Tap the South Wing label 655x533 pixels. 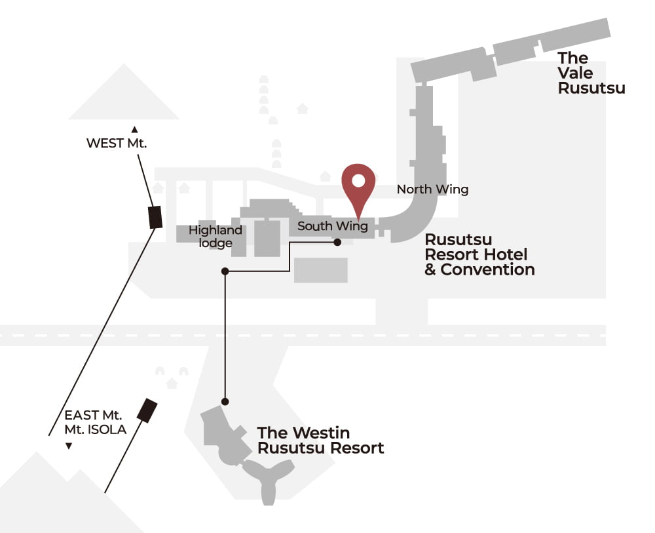tap(333, 226)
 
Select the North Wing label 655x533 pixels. tap(432, 189)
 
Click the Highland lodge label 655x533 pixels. tap(215, 236)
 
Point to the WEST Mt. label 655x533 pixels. tap(117, 143)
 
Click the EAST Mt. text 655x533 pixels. tap(93, 415)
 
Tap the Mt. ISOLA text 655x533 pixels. tap(95, 429)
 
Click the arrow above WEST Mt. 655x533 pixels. tap(134, 130)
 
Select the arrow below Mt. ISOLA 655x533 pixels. tap(69, 446)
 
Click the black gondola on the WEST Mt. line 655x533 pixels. tap(156, 218)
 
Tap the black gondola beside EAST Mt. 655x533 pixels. tap(147, 410)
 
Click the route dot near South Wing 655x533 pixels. tap(337, 242)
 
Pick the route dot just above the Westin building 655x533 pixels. tap(225, 402)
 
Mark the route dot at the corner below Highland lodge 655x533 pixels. tap(225, 271)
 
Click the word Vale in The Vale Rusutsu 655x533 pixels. tap(575, 73)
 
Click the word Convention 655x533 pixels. tap(487, 269)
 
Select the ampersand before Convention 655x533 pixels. tap(430, 269)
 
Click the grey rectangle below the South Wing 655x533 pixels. tap(321, 270)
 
